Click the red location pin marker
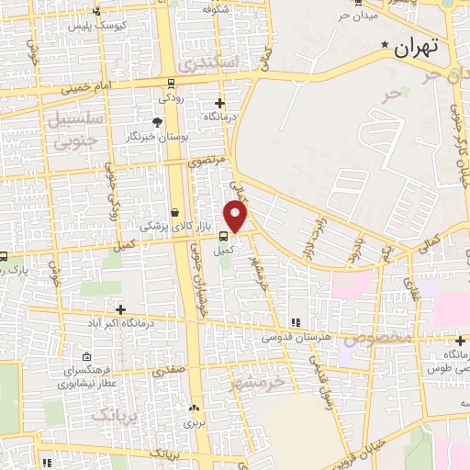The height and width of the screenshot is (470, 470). tap(237, 217)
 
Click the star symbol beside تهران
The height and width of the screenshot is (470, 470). tap(386, 44)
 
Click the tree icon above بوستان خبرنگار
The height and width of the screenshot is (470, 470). tap(157, 121)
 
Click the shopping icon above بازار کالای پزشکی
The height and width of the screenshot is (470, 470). tap(174, 212)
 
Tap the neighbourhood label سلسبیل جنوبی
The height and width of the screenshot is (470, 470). tap(74, 129)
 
